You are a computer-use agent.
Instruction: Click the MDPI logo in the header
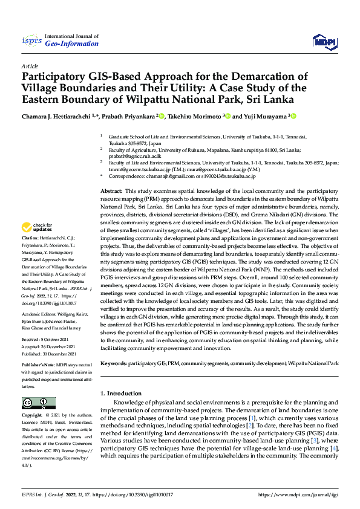coord(323,41)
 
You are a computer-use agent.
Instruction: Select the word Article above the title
coord(29,65)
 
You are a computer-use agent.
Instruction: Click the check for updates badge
coord(38,228)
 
